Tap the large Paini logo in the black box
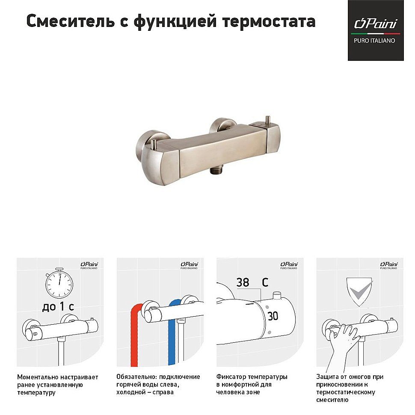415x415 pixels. click(375, 24)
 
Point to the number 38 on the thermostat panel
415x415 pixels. click(243, 282)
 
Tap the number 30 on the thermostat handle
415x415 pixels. click(273, 316)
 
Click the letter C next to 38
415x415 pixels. click(265, 282)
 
